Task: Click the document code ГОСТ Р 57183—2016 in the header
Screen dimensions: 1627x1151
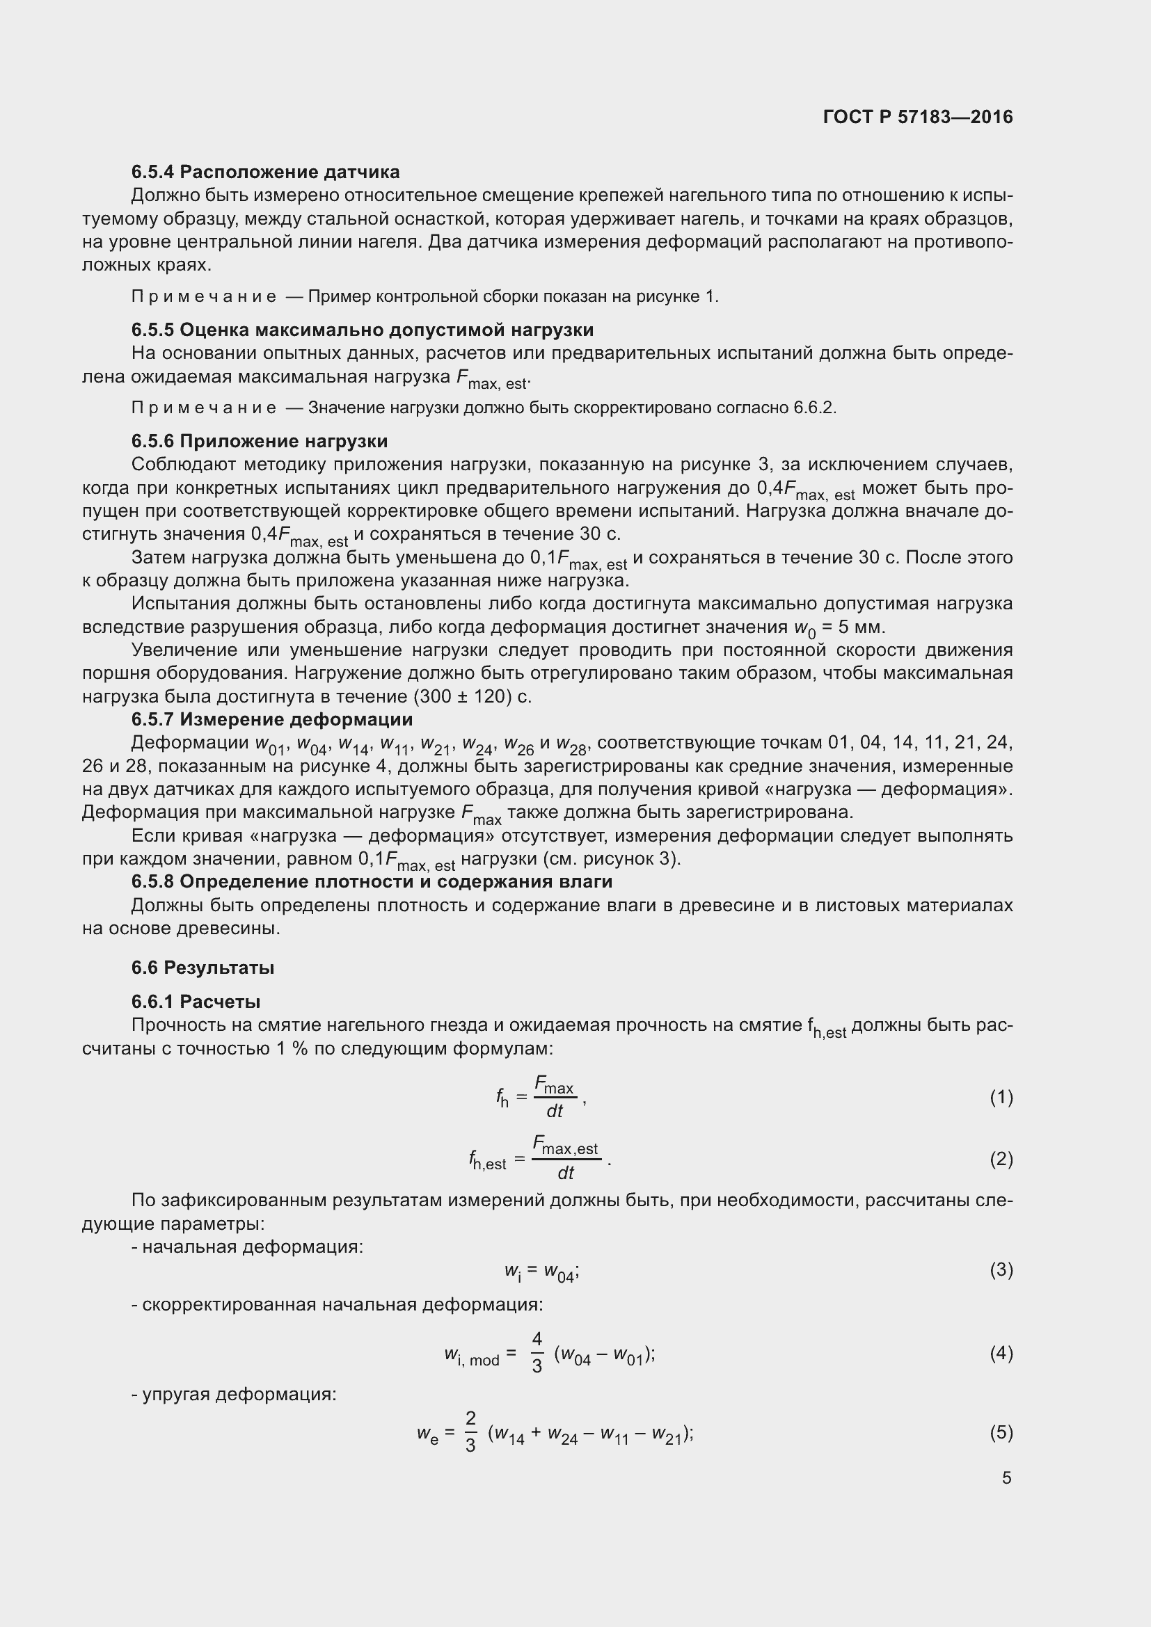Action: [x=918, y=118]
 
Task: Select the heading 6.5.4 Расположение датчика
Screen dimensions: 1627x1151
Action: [x=265, y=173]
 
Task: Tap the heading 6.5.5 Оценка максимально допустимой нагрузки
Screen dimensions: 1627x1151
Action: [x=362, y=330]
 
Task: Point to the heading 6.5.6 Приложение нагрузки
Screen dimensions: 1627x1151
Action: [x=260, y=442]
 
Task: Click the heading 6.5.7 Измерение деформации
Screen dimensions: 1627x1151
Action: [x=272, y=720]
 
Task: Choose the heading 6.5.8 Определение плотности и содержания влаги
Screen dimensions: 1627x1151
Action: [x=372, y=882]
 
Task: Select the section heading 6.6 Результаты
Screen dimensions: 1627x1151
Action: [x=203, y=968]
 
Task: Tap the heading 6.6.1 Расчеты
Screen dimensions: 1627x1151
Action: [x=196, y=1002]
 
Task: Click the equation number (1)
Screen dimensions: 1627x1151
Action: [x=1001, y=1098]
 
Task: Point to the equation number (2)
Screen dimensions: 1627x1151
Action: [x=1001, y=1160]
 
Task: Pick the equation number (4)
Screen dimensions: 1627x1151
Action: [x=1001, y=1354]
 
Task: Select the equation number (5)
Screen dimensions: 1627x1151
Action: [x=1001, y=1433]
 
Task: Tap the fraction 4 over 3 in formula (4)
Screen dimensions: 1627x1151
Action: [x=537, y=1353]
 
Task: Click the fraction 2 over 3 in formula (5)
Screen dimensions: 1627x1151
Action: [x=470, y=1432]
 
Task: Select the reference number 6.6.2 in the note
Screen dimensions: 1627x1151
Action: [x=814, y=408]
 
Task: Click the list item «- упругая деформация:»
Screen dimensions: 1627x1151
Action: [x=234, y=1395]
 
